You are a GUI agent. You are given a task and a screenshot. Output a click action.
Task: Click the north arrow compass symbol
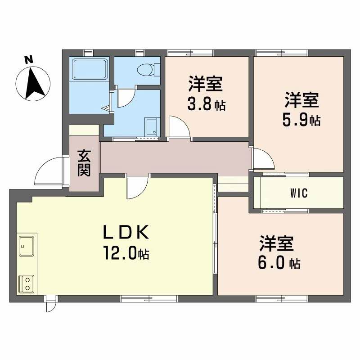32,83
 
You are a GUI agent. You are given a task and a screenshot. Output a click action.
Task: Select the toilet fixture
147,69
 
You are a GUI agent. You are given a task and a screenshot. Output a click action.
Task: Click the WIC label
298,193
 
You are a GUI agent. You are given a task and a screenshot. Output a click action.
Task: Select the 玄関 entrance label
84,162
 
